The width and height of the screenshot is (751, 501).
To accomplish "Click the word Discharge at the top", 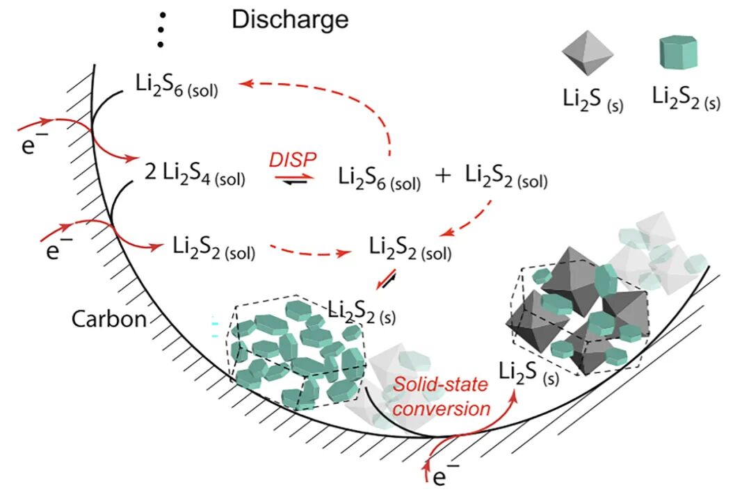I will click(x=290, y=19).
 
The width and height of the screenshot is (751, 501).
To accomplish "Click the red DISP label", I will click(x=294, y=158).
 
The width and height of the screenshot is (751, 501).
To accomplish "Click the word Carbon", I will click(x=110, y=319).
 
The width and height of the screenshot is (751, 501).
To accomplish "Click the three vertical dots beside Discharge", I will click(x=161, y=29).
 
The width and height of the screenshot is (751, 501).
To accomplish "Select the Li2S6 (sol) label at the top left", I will click(x=177, y=85).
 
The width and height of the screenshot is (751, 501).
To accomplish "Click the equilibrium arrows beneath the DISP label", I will click(x=294, y=179).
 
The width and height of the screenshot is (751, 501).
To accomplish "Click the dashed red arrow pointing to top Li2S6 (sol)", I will click(x=327, y=97).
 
